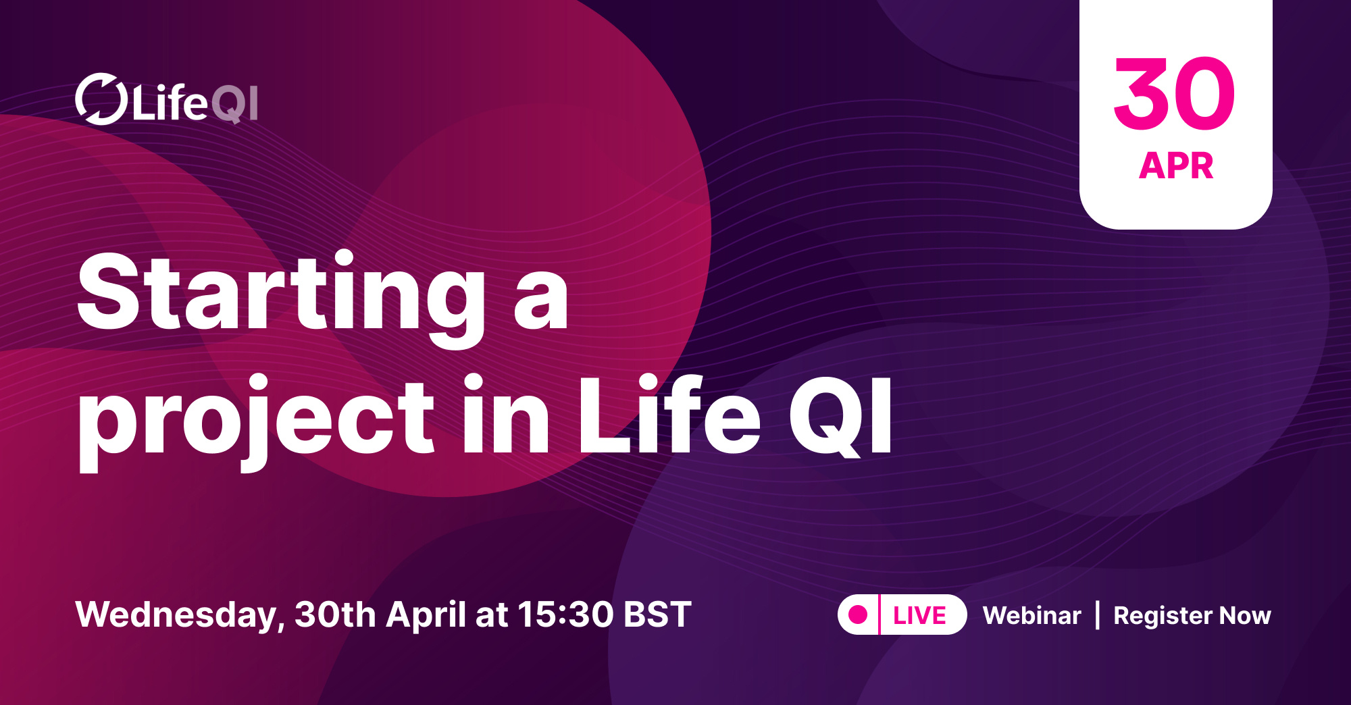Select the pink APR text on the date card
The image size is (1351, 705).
pos(1176,165)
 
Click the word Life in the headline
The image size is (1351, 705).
pos(669,415)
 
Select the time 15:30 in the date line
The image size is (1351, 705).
pos(565,615)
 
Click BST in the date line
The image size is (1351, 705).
pos(657,615)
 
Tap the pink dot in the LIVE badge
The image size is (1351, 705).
pos(858,615)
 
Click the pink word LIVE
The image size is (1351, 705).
pos(919,615)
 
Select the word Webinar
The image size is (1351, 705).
pos(1031,615)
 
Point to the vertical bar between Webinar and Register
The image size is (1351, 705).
pos(1098,615)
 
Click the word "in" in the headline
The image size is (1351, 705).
pos(505,415)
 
